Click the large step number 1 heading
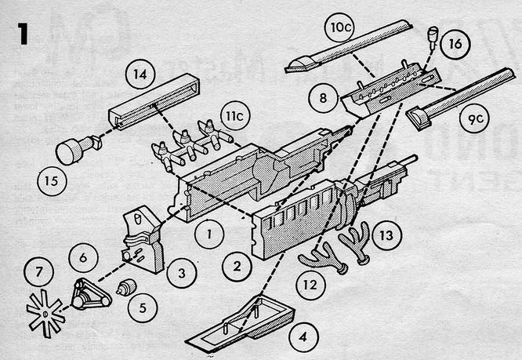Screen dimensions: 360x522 pyautogui.click(x=21, y=35)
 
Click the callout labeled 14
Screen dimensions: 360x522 pyautogui.click(x=140, y=75)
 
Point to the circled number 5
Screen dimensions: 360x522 pyautogui.click(x=142, y=308)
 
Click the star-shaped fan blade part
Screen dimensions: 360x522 pyautogui.click(x=45, y=312)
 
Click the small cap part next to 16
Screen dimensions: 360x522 pyautogui.click(x=431, y=34)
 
